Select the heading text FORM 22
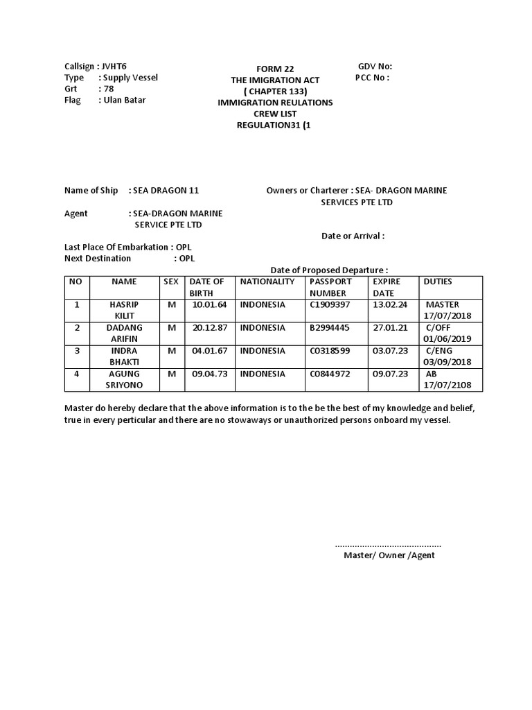point(275,69)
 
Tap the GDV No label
point(375,66)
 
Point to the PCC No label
point(372,78)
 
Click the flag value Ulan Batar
point(124,100)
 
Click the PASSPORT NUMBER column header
point(330,287)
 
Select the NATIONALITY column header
point(267,282)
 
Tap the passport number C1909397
point(330,304)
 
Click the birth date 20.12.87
point(210,327)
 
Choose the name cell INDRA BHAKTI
point(124,356)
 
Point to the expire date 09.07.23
point(391,374)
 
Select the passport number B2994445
point(330,327)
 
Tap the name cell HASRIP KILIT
point(124,310)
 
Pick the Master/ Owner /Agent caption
point(389,555)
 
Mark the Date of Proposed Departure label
point(329,270)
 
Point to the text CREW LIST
point(275,114)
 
